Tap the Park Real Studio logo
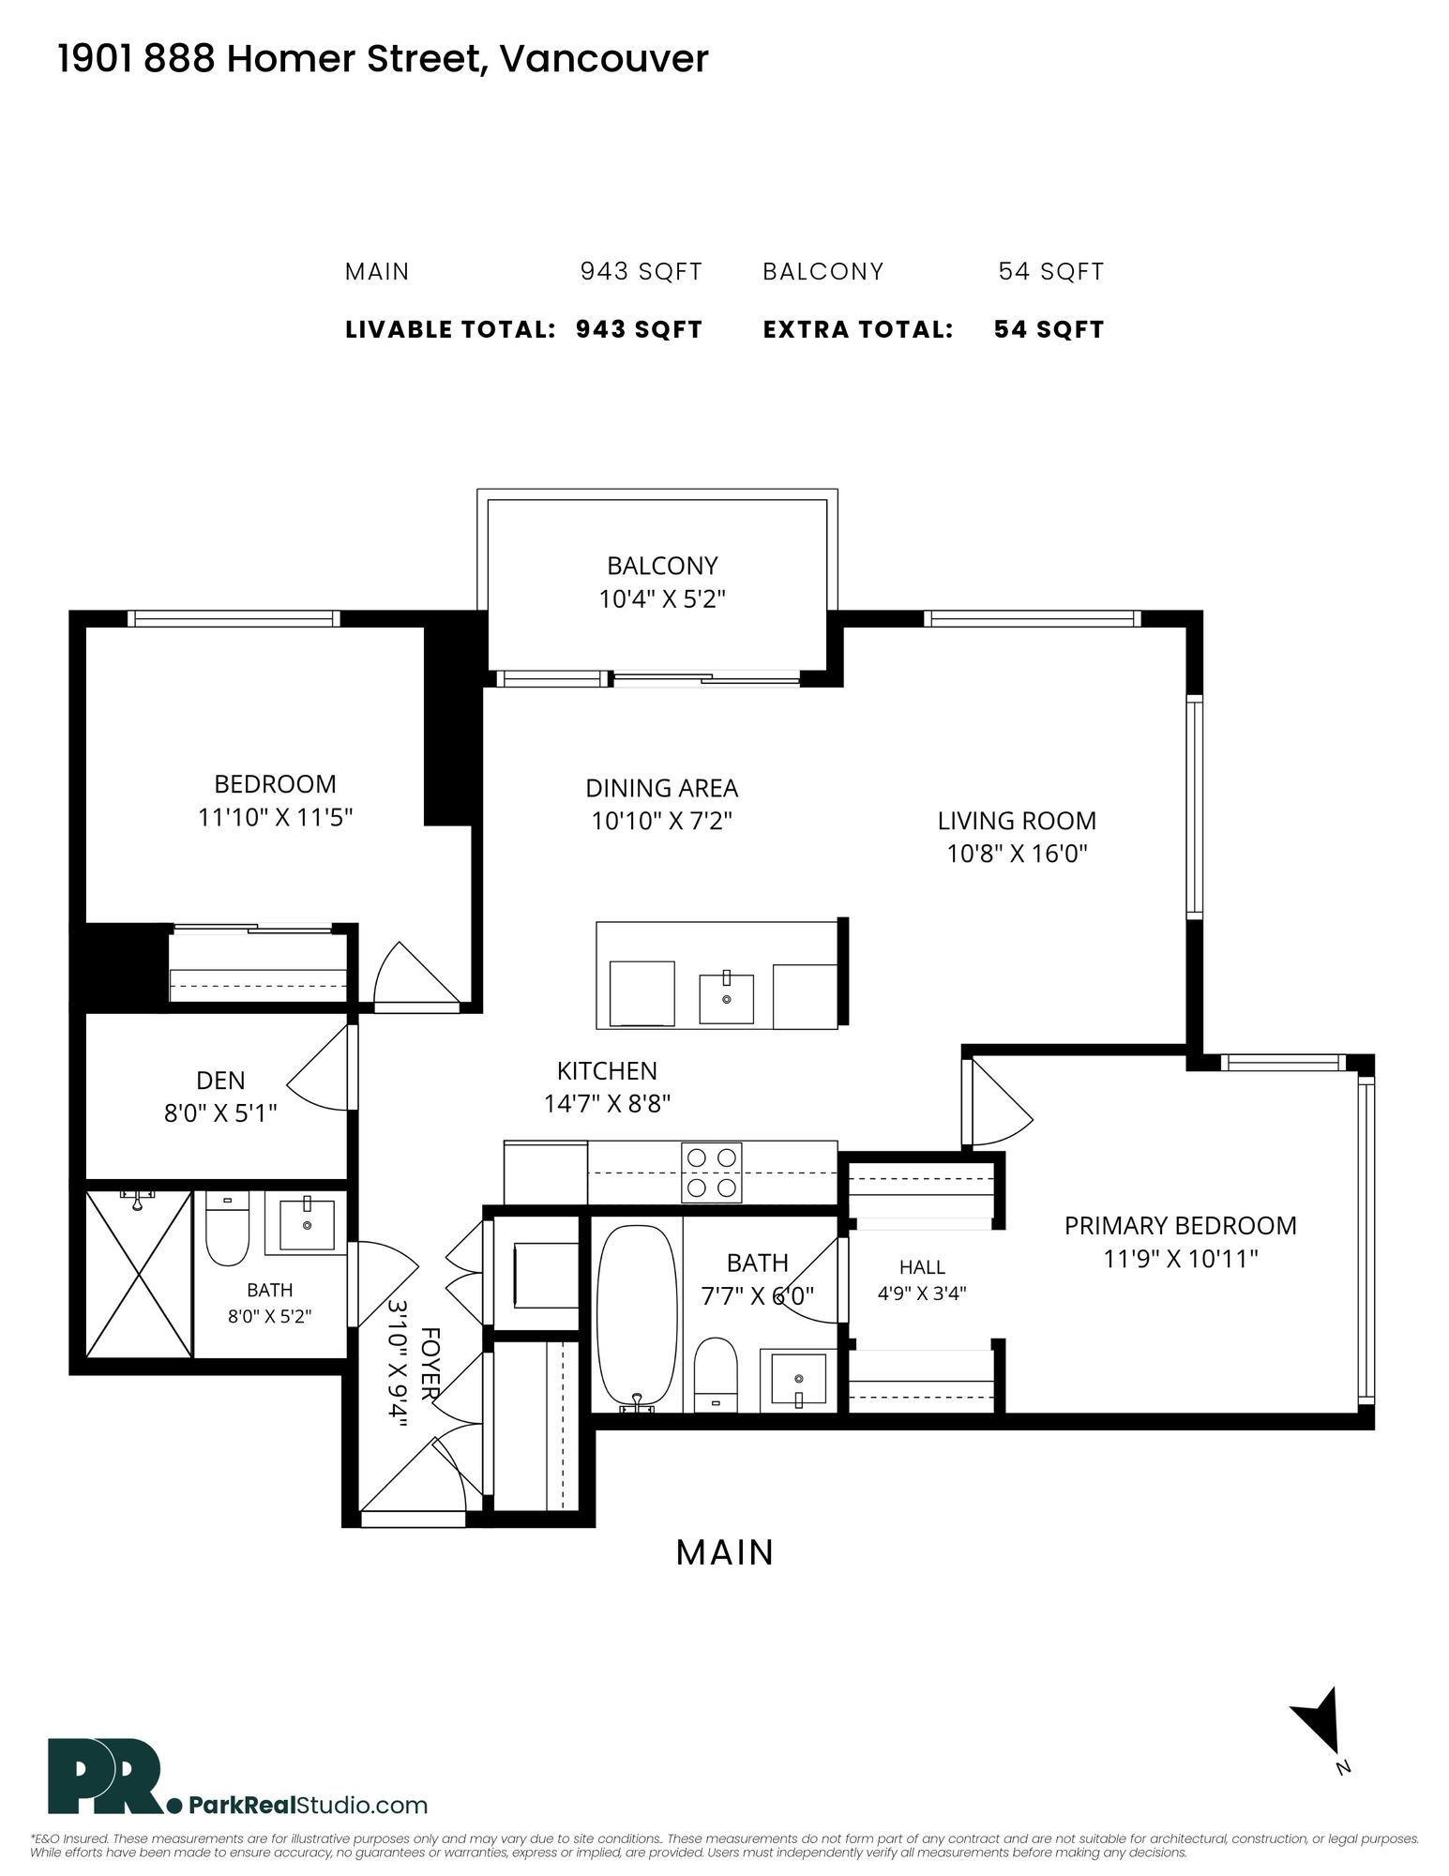point(238,1778)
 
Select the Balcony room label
point(662,566)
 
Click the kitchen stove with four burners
point(712,1172)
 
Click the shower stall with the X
point(139,1273)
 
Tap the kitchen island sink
point(727,998)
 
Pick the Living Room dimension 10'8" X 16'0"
point(1017,854)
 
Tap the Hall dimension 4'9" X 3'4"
point(922,1294)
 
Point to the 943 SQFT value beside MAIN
point(641,272)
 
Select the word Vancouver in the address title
point(604,59)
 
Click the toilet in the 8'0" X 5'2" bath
point(226,1229)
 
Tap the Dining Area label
point(662,788)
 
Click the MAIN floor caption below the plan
point(725,1552)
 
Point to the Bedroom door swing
point(415,975)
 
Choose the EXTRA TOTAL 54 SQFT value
point(1049,329)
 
